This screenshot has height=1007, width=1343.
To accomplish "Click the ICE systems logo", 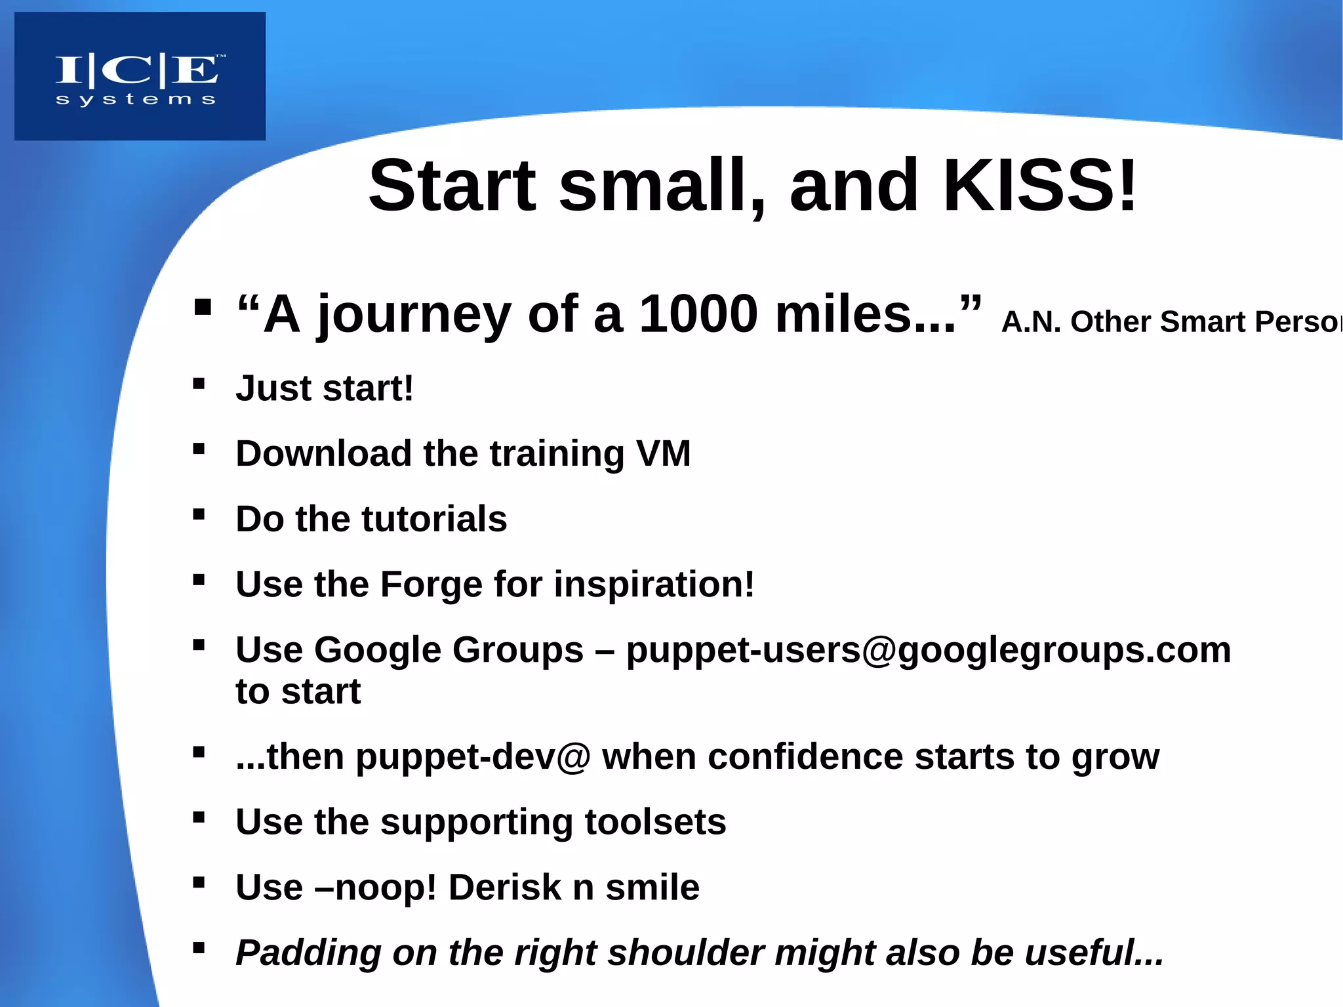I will tap(140, 77).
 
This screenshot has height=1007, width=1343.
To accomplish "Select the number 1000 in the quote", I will tap(698, 314).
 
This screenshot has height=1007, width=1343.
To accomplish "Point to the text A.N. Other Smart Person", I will tap(1171, 322).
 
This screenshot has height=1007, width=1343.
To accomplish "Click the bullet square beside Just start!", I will tap(199, 384).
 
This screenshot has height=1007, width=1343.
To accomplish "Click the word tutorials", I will tap(434, 519).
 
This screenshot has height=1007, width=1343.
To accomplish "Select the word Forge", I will tap(431, 585).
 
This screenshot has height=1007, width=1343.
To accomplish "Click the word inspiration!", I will tap(654, 585).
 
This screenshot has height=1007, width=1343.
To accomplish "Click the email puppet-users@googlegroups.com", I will tap(928, 650).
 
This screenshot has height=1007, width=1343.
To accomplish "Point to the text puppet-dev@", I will tap(473, 757).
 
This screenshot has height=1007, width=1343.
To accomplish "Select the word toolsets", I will tap(654, 822).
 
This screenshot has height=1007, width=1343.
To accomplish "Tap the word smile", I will tap(652, 888).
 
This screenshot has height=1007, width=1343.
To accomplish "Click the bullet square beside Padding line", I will tap(199, 947).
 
